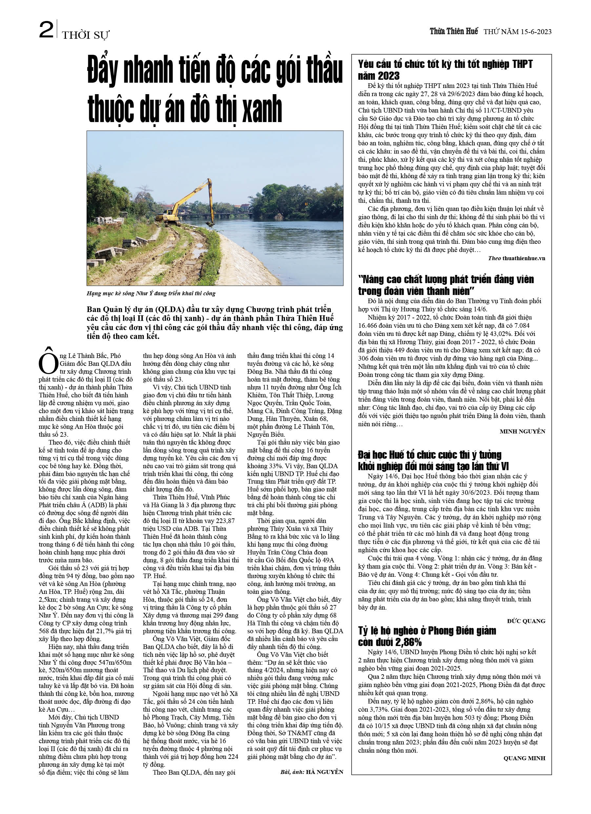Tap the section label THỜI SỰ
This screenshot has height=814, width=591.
pyautogui.click(x=86, y=35)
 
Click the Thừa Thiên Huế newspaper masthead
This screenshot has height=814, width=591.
pyautogui.click(x=454, y=31)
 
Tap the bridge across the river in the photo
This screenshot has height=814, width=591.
pyautogui.click(x=215, y=215)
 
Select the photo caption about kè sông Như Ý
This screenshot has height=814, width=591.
pyautogui.click(x=151, y=293)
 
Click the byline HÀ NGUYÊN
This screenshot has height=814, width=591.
pyautogui.click(x=324, y=772)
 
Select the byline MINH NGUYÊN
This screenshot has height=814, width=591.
pyautogui.click(x=522, y=431)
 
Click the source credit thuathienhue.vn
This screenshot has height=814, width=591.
pyautogui.click(x=523, y=259)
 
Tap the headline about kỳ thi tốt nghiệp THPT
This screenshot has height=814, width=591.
pyautogui.click(x=445, y=70)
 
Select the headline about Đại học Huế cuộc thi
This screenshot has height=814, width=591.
pyautogui.click(x=433, y=460)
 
